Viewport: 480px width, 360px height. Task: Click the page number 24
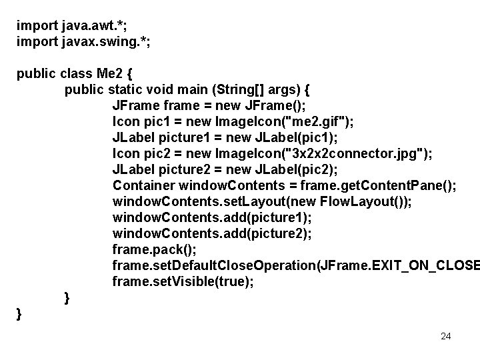pyautogui.click(x=446, y=336)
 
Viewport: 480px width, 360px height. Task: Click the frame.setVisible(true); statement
pyautogui.click(x=183, y=281)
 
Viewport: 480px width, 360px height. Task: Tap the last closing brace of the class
pyautogui.click(x=19, y=313)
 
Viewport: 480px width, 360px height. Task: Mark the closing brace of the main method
pyautogui.click(x=67, y=297)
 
